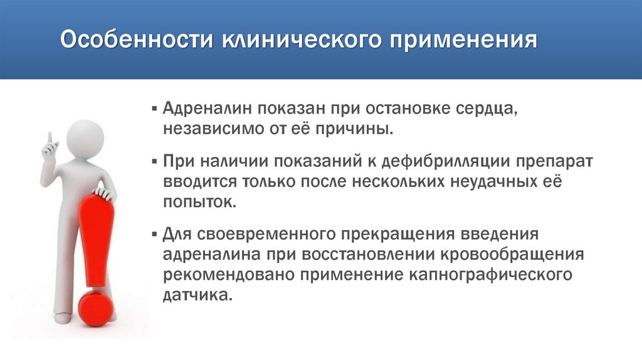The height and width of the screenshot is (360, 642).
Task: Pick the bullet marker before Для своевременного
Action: (x=154, y=235)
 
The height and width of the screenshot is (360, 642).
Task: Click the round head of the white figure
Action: (x=85, y=134)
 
